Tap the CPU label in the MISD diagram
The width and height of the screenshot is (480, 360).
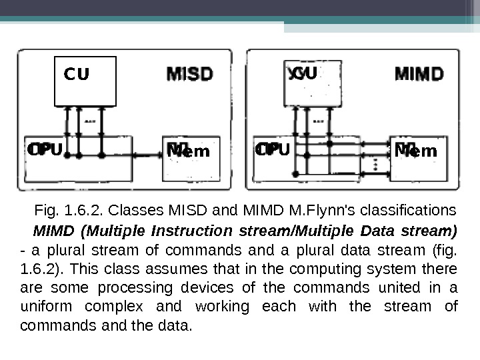click(45, 150)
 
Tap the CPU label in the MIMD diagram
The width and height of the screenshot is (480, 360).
click(273, 150)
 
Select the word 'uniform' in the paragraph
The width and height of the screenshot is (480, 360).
click(45, 307)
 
